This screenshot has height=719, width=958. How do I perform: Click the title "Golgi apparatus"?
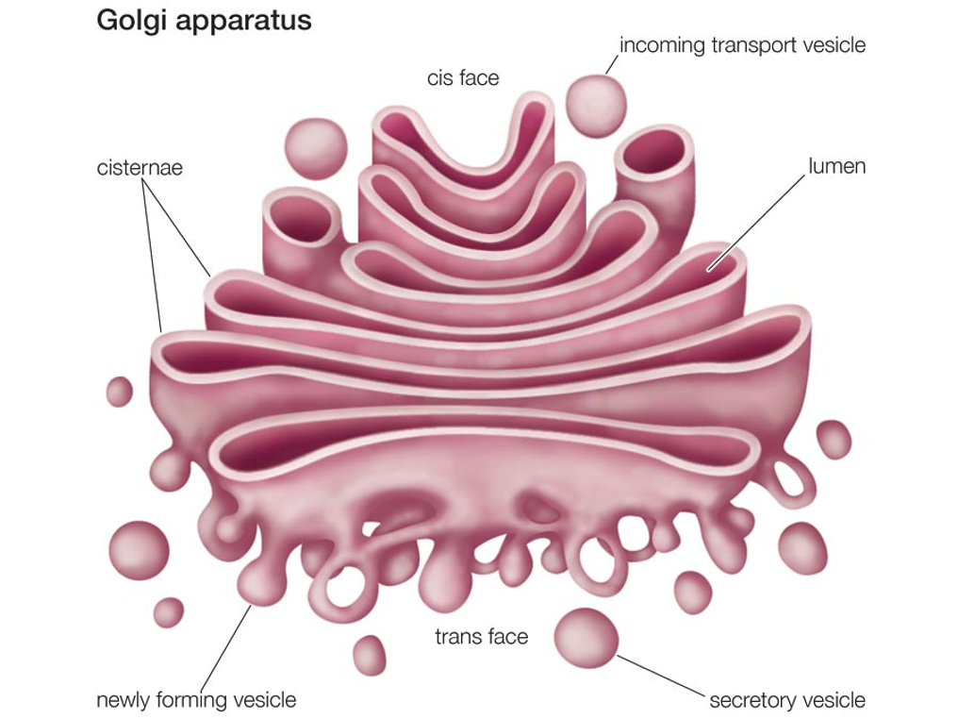(204, 21)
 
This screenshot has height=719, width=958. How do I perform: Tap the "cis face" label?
(462, 77)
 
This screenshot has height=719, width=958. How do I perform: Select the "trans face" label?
(481, 636)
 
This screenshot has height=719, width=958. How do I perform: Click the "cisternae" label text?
(140, 168)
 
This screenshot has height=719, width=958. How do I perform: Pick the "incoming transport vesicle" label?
(742, 44)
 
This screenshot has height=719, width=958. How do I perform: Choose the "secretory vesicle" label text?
(786, 700)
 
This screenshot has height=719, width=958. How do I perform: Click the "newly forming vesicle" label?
(196, 700)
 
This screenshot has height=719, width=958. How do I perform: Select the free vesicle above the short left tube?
(316, 147)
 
